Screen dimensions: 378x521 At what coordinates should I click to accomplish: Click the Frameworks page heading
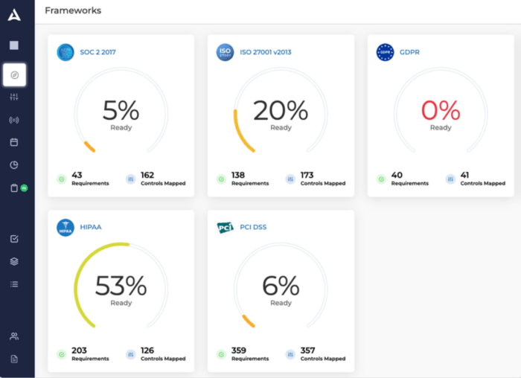[73, 10]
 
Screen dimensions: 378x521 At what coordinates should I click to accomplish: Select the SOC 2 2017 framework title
[98, 52]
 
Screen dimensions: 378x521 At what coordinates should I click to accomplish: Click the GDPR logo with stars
[385, 52]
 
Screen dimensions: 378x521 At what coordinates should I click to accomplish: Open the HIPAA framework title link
[91, 228]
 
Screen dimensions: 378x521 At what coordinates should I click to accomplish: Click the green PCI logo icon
[225, 228]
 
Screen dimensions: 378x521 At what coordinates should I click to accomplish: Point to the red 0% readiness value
[441, 111]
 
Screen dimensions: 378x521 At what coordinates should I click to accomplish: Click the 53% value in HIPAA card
[121, 286]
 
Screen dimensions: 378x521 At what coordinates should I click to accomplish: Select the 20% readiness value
[281, 111]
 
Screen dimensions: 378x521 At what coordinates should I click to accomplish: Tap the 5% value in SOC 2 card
[121, 111]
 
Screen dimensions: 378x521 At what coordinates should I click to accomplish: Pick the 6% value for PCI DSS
[281, 286]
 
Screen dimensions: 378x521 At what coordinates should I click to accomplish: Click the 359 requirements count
[239, 350]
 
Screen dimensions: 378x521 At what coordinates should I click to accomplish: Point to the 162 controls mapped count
[147, 175]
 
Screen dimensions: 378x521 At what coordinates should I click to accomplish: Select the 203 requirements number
[79, 350]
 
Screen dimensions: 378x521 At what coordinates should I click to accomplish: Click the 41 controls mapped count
[465, 175]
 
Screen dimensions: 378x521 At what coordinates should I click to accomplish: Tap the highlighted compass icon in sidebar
[14, 75]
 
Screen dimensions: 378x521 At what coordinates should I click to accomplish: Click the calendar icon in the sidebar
[14, 142]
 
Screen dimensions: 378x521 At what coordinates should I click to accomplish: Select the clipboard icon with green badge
[14, 188]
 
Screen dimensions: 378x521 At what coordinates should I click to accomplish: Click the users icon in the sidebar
[14, 336]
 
